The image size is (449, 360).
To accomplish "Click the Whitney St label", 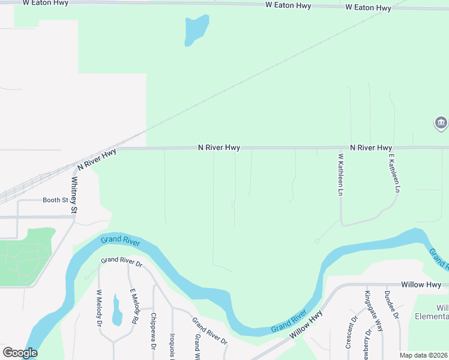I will click(x=74, y=195).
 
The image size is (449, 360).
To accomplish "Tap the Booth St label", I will click(x=55, y=200).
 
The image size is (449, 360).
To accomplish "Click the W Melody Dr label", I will click(x=100, y=308).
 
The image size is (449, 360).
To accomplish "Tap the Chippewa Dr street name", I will click(x=153, y=332).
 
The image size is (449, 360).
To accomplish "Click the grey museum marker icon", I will click(x=441, y=124).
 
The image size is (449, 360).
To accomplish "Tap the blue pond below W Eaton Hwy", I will click(x=196, y=29).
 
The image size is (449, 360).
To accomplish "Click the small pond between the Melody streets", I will click(x=117, y=310).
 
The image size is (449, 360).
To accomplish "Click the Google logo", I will click(x=20, y=353).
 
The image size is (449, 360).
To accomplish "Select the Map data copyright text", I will click(x=424, y=355).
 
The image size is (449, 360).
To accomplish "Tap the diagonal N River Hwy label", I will click(x=97, y=160).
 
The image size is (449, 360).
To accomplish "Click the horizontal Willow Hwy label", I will click(x=421, y=284).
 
